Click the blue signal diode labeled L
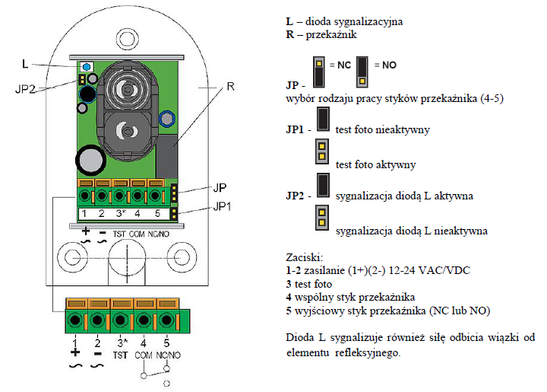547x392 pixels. click(87, 66)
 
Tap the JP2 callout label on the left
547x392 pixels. click(25, 89)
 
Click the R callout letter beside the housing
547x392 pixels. click(231, 86)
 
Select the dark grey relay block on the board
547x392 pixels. click(166, 157)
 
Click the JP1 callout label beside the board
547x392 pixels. click(222, 206)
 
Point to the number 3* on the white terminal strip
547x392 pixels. click(121, 213)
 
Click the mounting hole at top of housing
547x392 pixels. click(127, 39)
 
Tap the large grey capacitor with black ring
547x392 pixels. click(90, 161)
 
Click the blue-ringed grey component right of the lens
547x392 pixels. click(167, 119)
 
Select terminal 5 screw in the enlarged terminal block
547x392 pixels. click(166, 320)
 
